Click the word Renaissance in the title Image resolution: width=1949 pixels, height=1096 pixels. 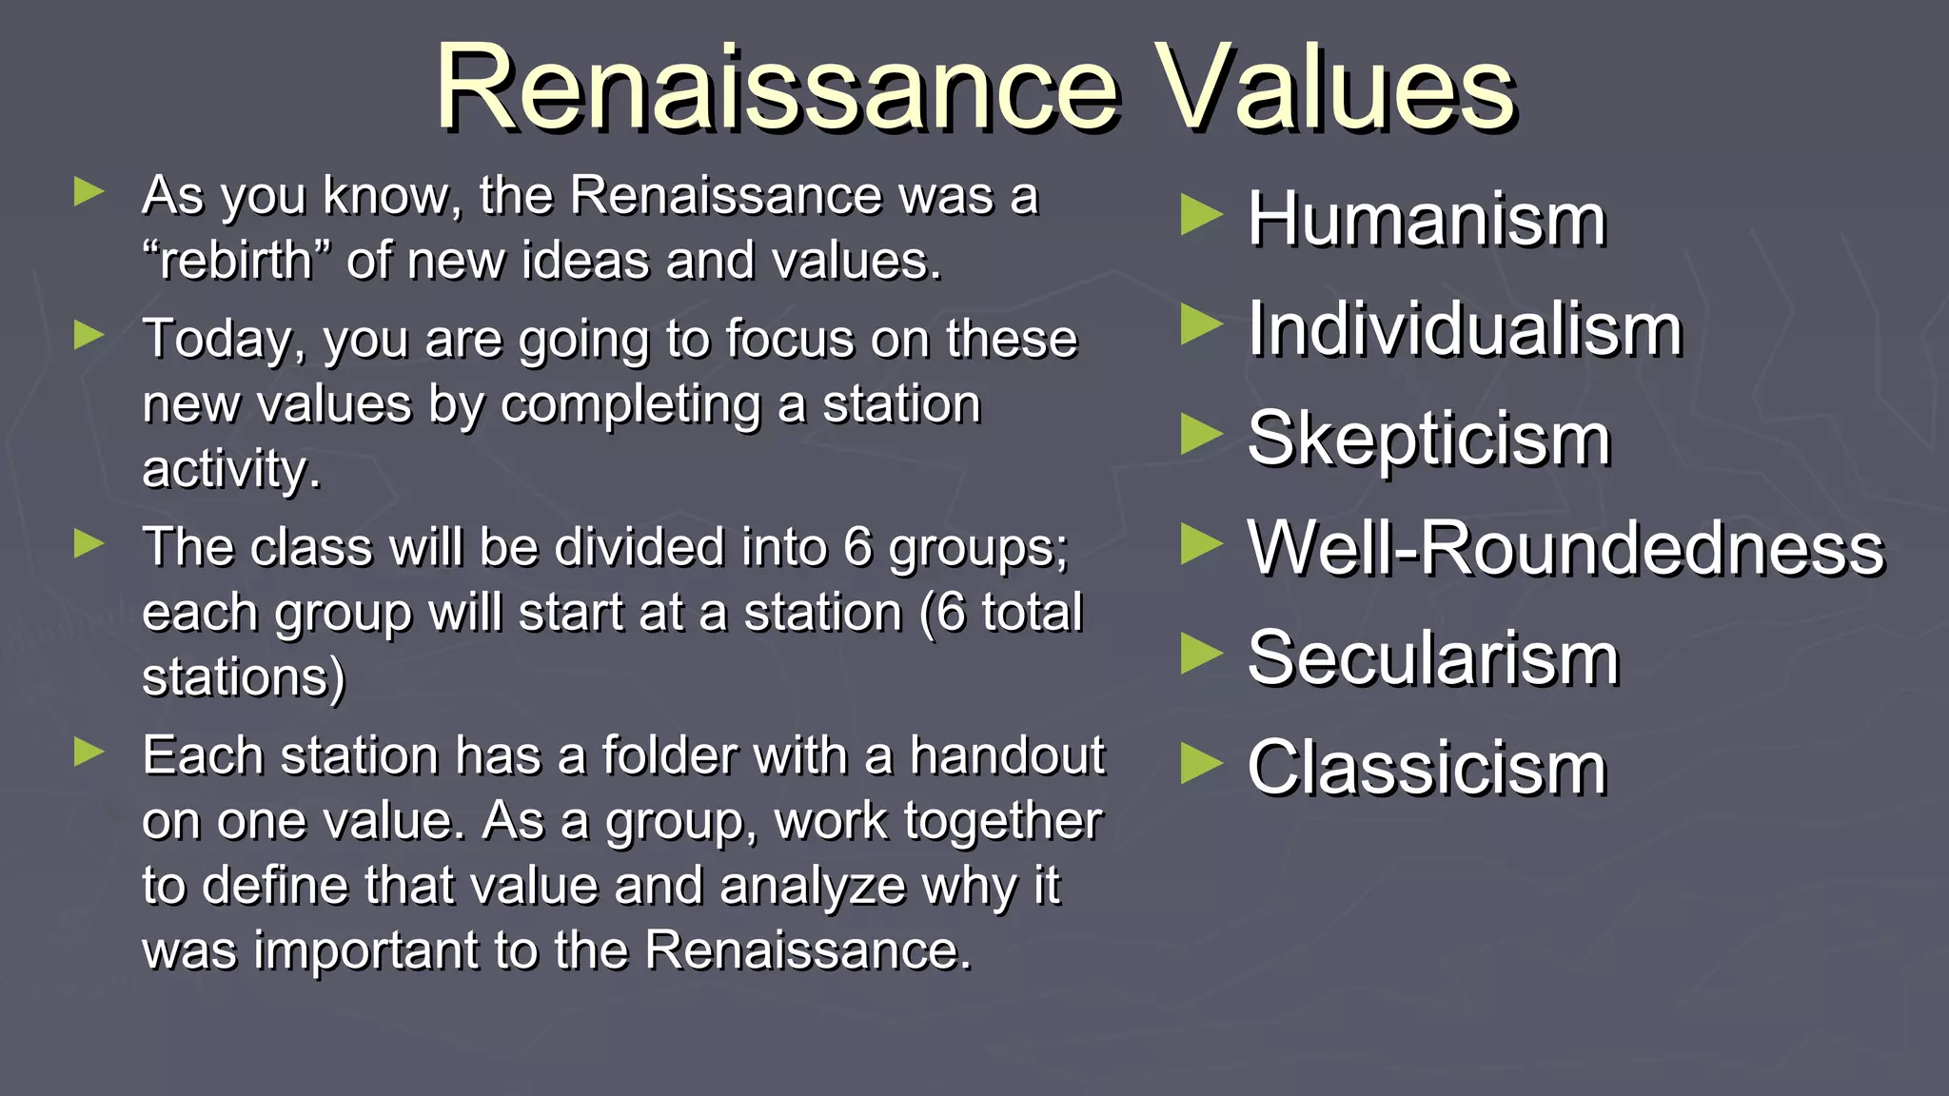pos(776,89)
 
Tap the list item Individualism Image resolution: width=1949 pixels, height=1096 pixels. pos(1465,329)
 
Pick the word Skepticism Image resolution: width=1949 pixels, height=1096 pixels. pos(1428,440)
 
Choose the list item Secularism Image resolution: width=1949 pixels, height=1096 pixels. pos(1432,658)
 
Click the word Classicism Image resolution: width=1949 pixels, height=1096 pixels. pos(1427,768)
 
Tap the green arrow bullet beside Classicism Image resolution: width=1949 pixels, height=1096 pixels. pos(1200,764)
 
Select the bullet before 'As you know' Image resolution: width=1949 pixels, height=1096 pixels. pos(89,191)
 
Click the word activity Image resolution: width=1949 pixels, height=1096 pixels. pos(231,469)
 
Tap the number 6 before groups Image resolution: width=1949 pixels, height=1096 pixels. pos(857,548)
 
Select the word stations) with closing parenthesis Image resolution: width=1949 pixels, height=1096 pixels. pos(244,677)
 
